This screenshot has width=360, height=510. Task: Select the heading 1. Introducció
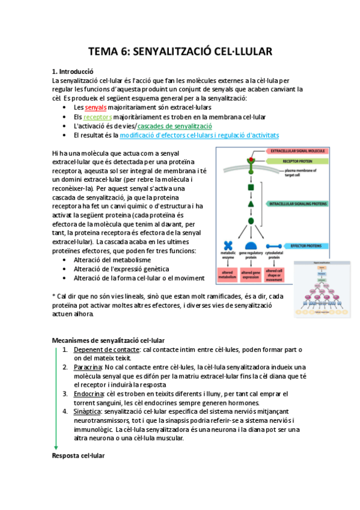click(73, 71)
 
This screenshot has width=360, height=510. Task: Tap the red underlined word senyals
click(96, 107)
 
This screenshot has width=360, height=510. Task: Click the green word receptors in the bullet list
click(97, 117)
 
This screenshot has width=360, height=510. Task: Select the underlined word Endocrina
click(88, 394)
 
